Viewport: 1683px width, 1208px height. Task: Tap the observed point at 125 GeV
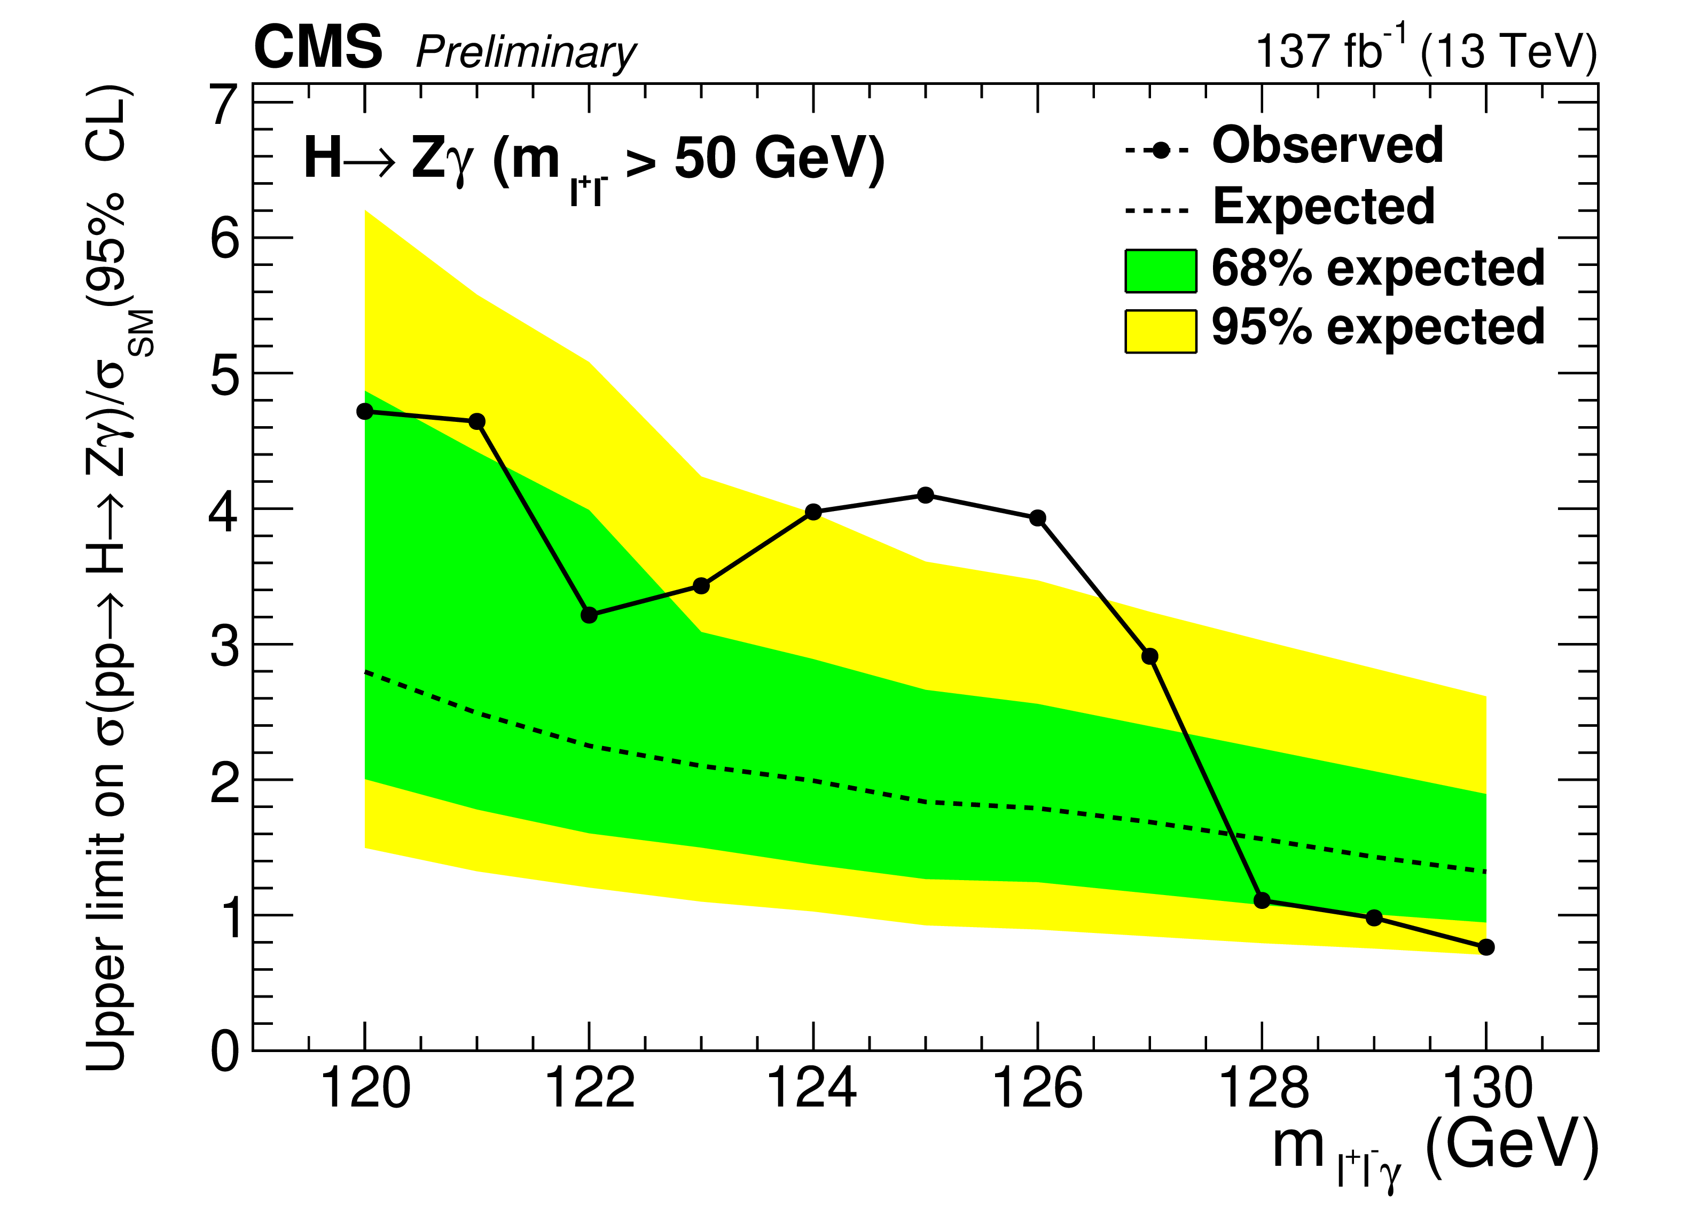pyautogui.click(x=925, y=495)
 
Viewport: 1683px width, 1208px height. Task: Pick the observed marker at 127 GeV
pyautogui.click(x=1150, y=656)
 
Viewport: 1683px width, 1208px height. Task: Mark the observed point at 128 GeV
pyautogui.click(x=1262, y=900)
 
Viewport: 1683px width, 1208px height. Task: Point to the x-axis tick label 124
pyautogui.click(x=812, y=1088)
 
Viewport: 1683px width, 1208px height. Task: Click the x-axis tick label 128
pyautogui.click(x=1262, y=1088)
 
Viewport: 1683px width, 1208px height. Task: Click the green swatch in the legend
pyautogui.click(x=1161, y=272)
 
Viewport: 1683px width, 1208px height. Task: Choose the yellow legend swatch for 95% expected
pyautogui.click(x=1161, y=331)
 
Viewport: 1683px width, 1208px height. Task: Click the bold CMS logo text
pyautogui.click(x=318, y=48)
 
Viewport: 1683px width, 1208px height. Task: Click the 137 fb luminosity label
pyautogui.click(x=1328, y=50)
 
